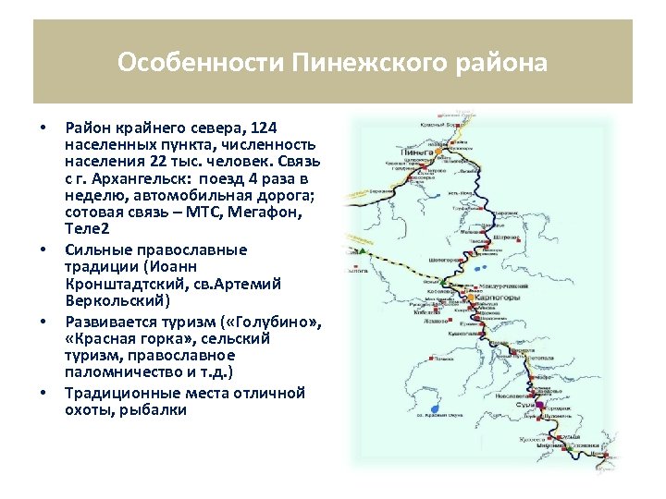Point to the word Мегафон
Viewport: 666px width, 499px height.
[276, 212]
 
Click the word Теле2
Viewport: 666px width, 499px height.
[88, 228]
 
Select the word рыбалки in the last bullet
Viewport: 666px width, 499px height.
[154, 409]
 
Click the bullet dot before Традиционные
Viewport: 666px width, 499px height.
[43, 393]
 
